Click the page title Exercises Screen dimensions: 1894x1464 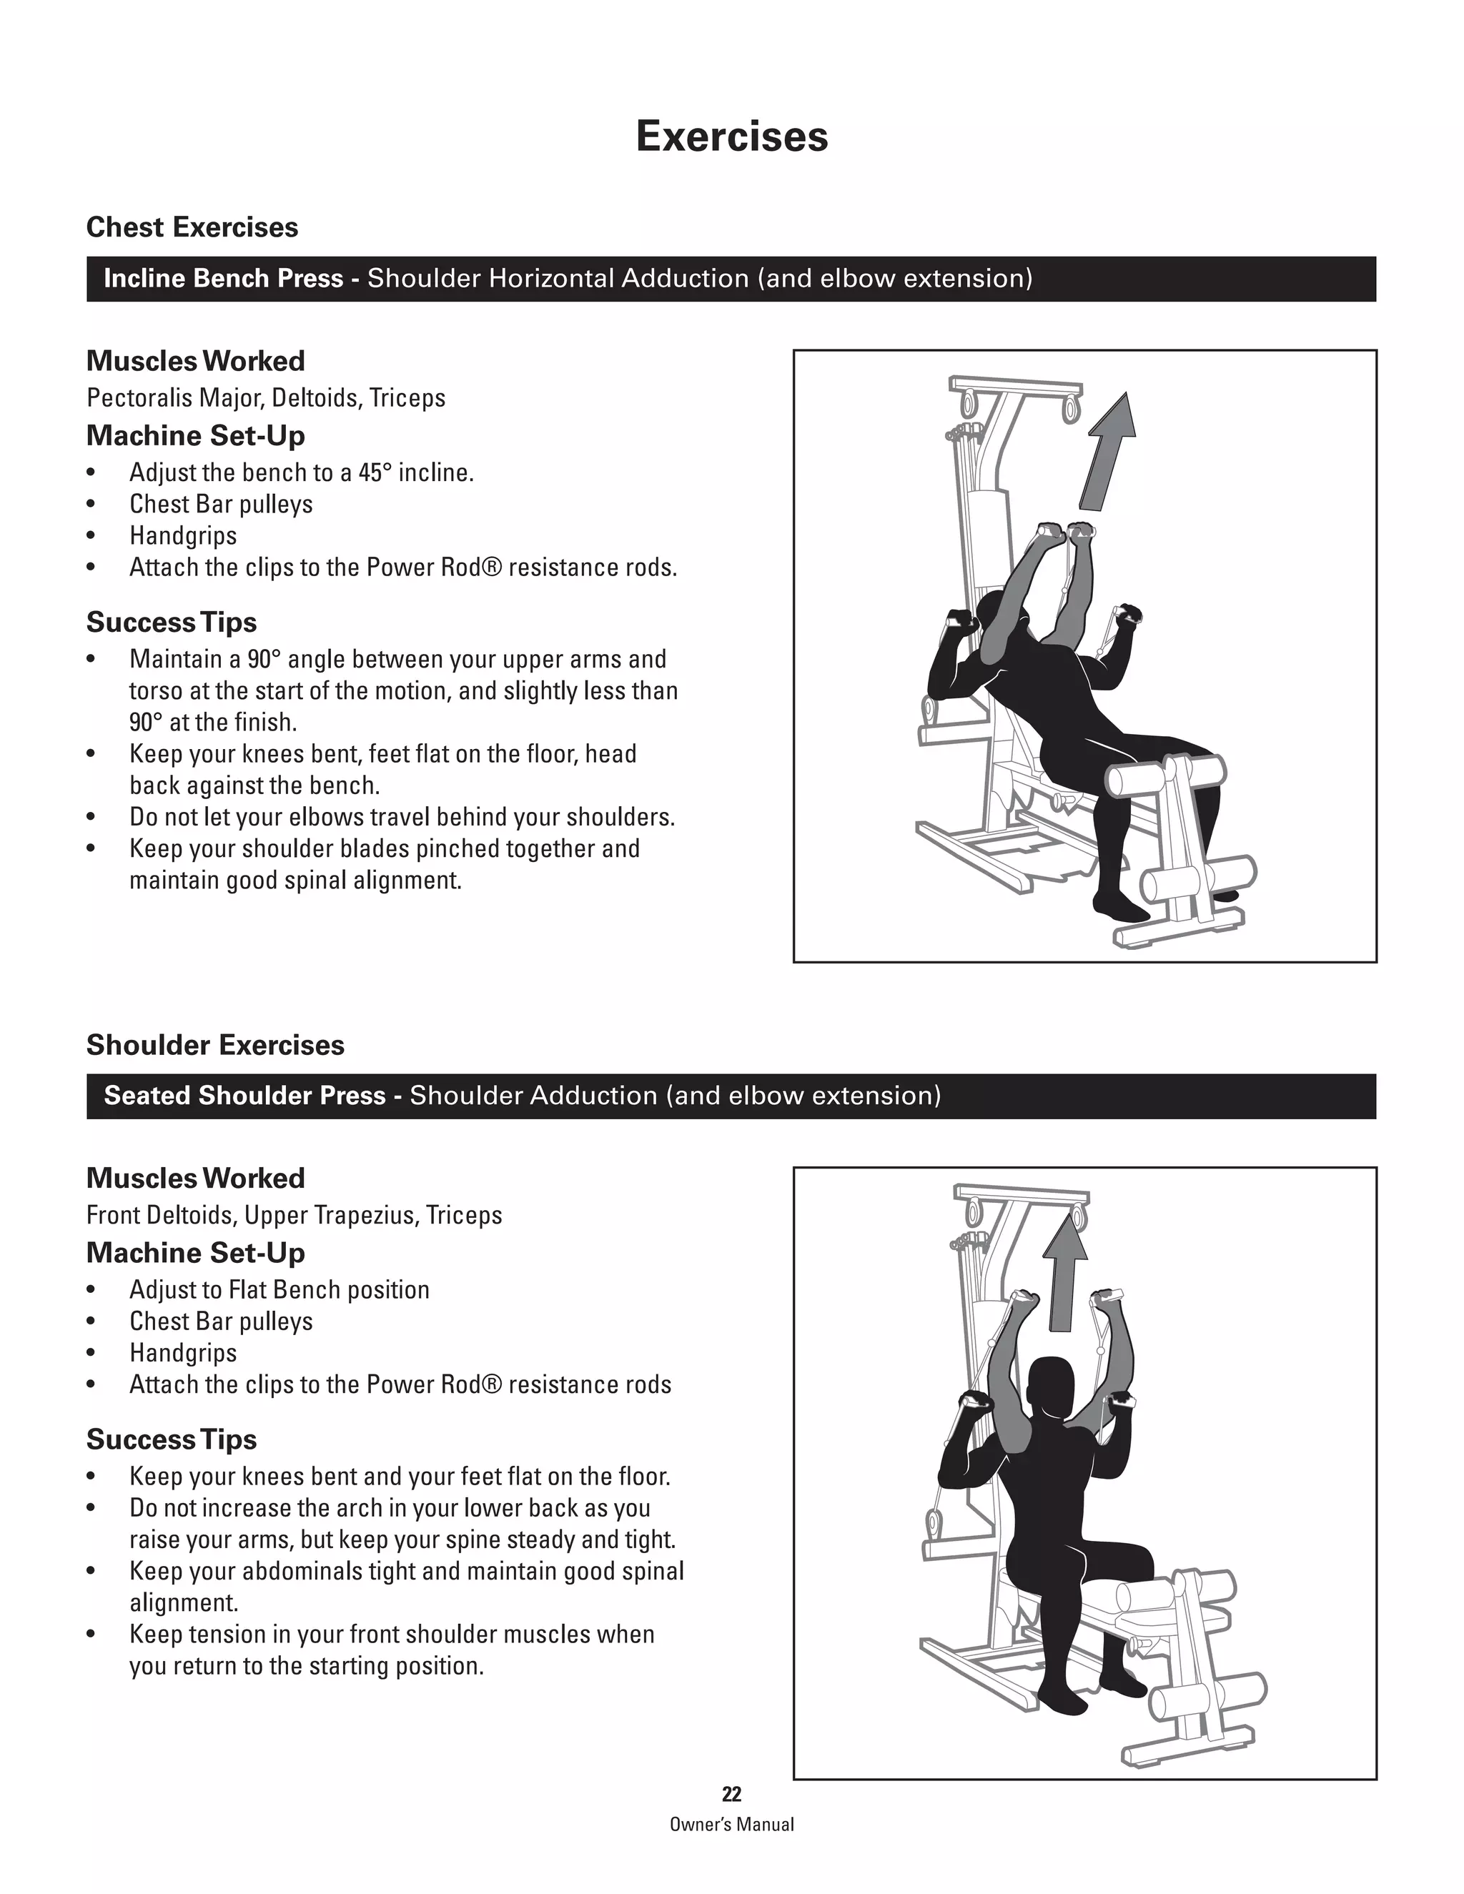(731, 136)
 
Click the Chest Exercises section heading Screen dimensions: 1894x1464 (192, 227)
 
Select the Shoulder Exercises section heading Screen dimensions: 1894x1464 (215, 1045)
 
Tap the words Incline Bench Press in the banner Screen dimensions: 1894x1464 (223, 278)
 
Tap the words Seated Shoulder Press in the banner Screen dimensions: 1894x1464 (244, 1095)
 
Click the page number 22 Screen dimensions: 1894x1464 (731, 1794)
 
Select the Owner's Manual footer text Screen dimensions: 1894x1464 (731, 1825)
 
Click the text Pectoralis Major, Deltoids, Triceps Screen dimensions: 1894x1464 (265, 398)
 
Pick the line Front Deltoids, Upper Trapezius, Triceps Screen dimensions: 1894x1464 (294, 1215)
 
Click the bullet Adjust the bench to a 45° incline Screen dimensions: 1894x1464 (301, 472)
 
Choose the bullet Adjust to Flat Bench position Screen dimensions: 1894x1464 (280, 1289)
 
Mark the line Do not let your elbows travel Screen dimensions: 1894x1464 (402, 817)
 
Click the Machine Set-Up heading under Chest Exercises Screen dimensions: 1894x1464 (195, 435)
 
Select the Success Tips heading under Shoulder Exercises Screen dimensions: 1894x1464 (171, 1439)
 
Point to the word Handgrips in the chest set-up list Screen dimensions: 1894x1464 (183, 536)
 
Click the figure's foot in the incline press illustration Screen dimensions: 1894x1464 (1119, 907)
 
